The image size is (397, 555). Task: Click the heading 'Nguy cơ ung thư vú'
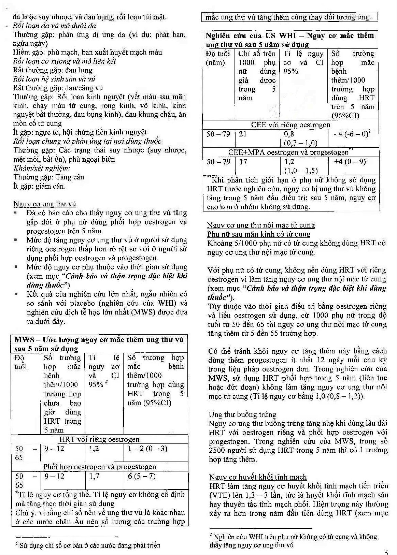coord(45,204)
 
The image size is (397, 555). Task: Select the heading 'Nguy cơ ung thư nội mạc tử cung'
coord(261,225)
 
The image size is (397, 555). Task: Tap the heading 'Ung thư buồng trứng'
coord(242,414)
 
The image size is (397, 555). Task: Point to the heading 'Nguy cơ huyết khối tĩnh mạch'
coord(258,477)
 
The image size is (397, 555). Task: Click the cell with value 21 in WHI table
coord(243,134)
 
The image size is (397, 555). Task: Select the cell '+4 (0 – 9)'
coord(350,161)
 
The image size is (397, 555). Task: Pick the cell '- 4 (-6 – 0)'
coord(352,134)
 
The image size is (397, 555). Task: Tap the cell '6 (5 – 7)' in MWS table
coord(142,476)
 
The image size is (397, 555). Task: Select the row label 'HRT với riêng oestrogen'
coord(99,439)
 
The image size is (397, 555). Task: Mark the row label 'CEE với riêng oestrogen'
coord(290,125)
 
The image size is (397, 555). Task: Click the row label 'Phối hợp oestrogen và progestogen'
coord(99,467)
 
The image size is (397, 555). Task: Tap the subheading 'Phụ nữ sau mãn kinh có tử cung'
coord(258,234)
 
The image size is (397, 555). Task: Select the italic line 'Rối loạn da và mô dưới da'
coord(55,26)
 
